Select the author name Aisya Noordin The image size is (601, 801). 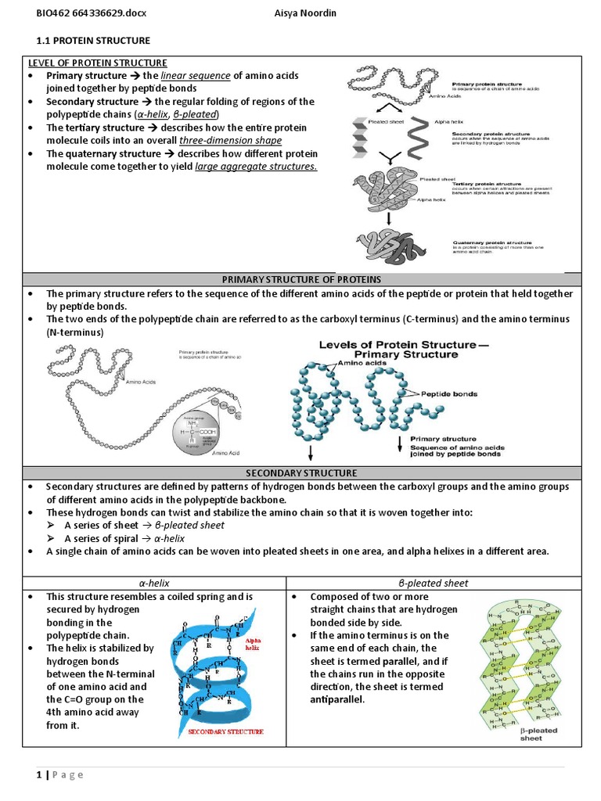pos(311,14)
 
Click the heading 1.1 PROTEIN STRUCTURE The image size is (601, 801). pos(94,40)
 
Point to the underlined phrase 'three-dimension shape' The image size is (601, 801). pos(230,140)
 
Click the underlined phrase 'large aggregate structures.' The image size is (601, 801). pos(256,166)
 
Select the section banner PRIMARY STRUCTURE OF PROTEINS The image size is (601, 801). pos(301,279)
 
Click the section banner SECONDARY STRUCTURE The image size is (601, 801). pos(301,473)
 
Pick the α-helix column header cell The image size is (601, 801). pos(154,583)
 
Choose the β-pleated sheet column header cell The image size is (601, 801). pos(434,583)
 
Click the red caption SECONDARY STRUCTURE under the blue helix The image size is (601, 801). pos(225,732)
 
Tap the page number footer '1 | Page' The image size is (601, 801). pos(59,774)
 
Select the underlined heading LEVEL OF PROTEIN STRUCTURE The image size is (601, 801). pos(98,63)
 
